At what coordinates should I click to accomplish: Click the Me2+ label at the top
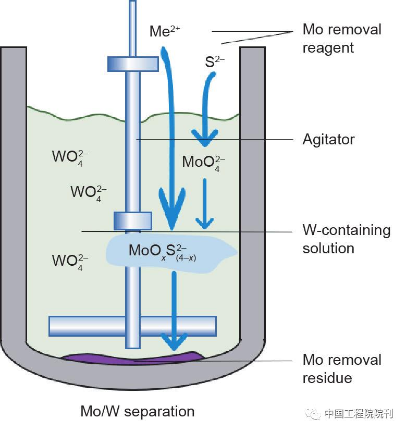pos(164,31)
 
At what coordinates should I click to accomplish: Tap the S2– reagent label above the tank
pos(214,62)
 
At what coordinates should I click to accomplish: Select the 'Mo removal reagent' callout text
pos(341,39)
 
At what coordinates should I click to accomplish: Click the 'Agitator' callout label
pos(328,140)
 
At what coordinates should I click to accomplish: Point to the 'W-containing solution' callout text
pos(346,239)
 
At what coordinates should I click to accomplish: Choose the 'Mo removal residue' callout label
pos(341,368)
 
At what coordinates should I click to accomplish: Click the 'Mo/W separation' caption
pos(137,412)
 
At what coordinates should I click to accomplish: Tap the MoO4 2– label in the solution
pos(204,162)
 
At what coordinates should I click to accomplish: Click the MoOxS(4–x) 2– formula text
pos(162,251)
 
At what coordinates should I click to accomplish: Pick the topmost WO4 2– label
pos(70,156)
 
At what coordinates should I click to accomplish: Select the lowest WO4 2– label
pos(70,261)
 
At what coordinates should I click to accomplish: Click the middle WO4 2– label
pos(89,192)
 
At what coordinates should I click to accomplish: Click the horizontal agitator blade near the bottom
pos(132,326)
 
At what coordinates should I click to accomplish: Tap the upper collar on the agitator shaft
pos(132,64)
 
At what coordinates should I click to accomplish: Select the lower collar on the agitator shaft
pos(132,220)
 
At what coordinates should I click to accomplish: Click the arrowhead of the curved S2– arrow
pos(204,138)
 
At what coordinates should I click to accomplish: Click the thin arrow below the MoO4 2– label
pos(204,203)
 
